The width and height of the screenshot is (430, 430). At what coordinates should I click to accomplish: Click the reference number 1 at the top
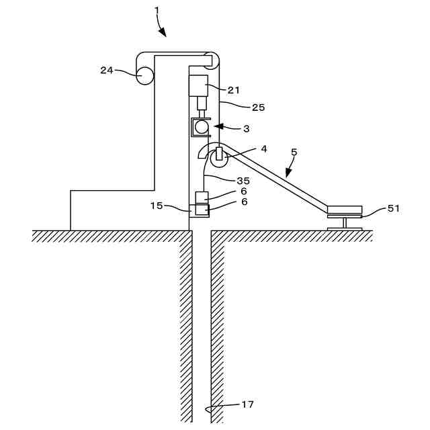click(157, 11)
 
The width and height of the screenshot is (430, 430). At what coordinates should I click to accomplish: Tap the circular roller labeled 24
click(144, 75)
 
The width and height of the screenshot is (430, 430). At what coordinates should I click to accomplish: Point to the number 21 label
click(233, 89)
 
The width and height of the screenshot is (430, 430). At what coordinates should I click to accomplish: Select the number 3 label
click(246, 128)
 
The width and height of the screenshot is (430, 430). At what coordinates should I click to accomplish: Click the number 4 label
click(263, 148)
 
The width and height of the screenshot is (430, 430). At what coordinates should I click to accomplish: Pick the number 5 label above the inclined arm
click(294, 153)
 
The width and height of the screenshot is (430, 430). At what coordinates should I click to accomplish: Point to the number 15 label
click(156, 206)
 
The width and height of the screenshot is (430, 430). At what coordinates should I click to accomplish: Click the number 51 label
click(393, 208)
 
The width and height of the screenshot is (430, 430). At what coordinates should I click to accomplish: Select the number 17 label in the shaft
click(247, 404)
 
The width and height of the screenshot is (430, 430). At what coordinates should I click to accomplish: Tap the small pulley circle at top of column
click(211, 60)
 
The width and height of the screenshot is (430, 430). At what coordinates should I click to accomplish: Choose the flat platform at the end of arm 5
click(344, 209)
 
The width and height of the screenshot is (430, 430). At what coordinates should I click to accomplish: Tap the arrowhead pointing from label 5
click(286, 174)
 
